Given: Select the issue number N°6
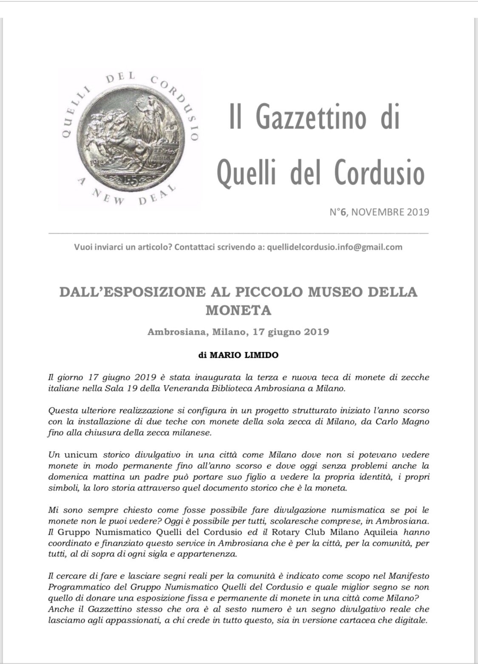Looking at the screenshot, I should click(x=338, y=212).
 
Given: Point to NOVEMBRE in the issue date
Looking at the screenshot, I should click(x=376, y=212).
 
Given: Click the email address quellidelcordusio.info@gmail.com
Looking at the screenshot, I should click(x=334, y=247).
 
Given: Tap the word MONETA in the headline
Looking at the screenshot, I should click(x=238, y=311).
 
